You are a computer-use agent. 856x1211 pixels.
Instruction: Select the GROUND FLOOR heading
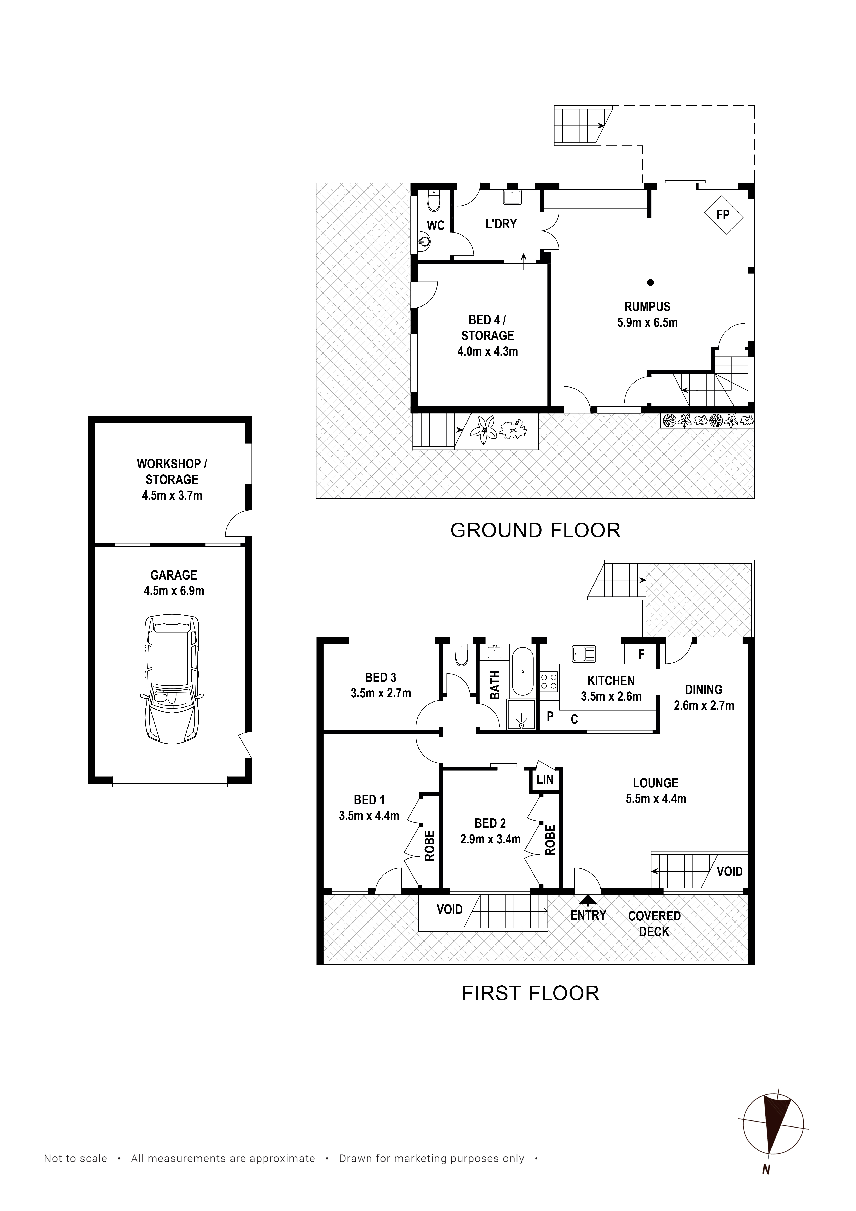[535, 530]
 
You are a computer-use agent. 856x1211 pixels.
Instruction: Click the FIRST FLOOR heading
[531, 993]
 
